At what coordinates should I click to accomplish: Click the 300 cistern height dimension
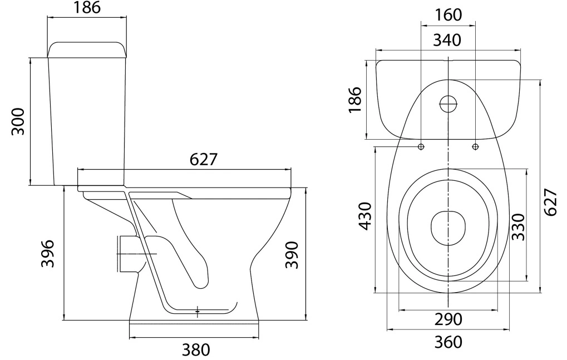(18, 121)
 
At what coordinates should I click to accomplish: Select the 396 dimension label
(47, 253)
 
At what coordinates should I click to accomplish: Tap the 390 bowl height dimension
(292, 255)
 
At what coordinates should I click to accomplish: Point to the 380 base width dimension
(196, 349)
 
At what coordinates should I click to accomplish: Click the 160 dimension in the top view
(448, 15)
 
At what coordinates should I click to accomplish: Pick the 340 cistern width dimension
(447, 40)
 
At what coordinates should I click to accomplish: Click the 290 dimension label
(448, 319)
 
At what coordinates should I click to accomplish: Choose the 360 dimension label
(448, 342)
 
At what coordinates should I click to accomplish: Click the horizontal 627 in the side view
(204, 159)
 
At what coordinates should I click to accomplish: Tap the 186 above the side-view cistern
(87, 8)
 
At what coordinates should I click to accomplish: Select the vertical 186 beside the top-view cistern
(355, 100)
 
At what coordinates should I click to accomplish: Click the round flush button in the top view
(448, 104)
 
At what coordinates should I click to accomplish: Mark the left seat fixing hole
(421, 146)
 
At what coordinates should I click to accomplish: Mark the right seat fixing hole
(475, 146)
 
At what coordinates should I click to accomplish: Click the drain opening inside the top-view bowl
(448, 228)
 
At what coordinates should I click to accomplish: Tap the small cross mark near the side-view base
(198, 311)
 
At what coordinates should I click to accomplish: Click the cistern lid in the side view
(87, 50)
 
